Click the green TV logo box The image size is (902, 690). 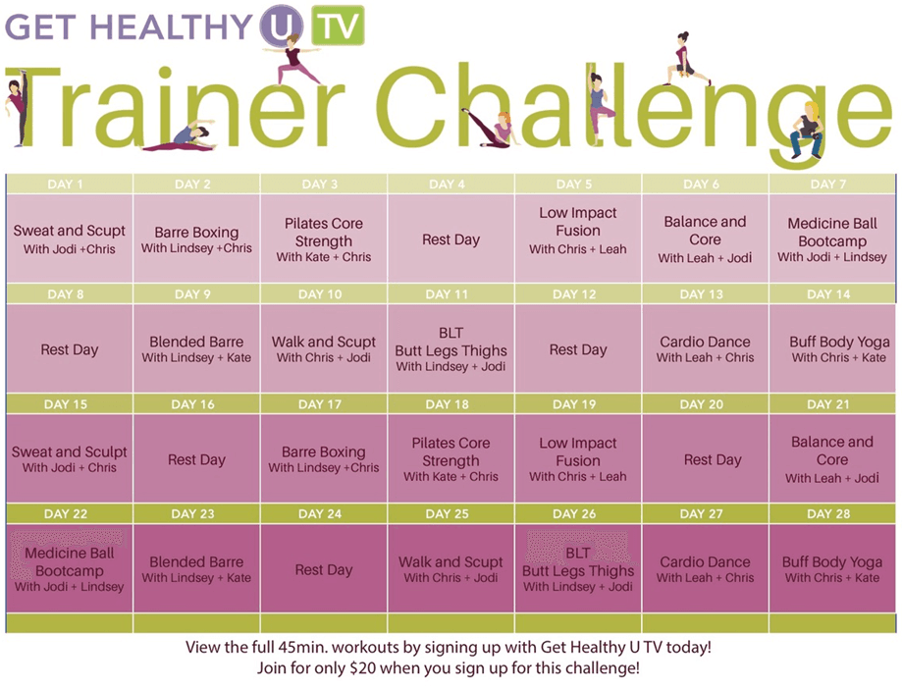338,25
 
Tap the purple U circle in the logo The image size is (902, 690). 282,26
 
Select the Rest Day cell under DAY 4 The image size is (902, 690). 451,239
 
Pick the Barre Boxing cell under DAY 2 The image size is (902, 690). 196,239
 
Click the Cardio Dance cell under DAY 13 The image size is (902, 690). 706,348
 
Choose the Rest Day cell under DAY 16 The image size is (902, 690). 196,458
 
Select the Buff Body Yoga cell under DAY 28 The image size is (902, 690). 831,568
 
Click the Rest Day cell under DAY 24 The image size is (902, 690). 324,568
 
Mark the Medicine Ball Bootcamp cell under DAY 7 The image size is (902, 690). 831,239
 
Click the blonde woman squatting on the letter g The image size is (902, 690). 806,131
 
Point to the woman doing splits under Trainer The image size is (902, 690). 180,138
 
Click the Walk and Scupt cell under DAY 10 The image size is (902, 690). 324,348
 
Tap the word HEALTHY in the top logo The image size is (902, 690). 172,26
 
